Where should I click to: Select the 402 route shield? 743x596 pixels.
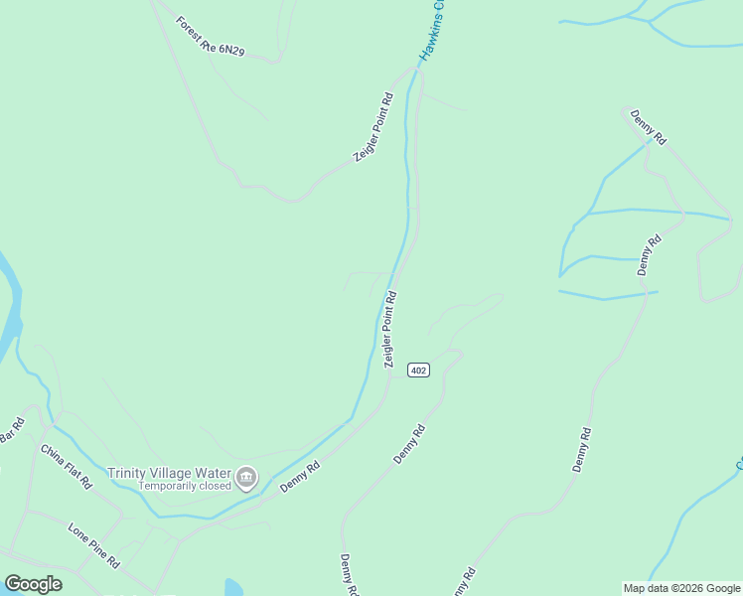click(x=418, y=370)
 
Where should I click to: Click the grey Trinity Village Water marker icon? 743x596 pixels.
click(x=245, y=479)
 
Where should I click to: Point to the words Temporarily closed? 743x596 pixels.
click(x=185, y=486)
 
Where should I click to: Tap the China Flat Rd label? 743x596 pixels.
click(x=67, y=466)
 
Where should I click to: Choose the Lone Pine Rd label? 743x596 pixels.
click(x=93, y=544)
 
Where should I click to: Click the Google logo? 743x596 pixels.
click(x=33, y=584)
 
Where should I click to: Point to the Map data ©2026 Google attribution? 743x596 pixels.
click(x=681, y=588)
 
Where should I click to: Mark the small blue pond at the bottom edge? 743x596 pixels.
click(x=233, y=588)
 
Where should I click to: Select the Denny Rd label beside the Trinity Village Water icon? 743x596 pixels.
click(x=299, y=477)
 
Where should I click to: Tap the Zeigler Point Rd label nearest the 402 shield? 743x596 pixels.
click(x=389, y=329)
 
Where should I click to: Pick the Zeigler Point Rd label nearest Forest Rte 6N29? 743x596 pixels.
click(x=373, y=127)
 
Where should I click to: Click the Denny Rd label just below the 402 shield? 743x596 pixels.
click(x=409, y=444)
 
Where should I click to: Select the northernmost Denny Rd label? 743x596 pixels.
click(x=649, y=125)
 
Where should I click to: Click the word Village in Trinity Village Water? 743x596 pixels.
click(x=170, y=473)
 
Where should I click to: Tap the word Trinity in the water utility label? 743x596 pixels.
click(x=127, y=473)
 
